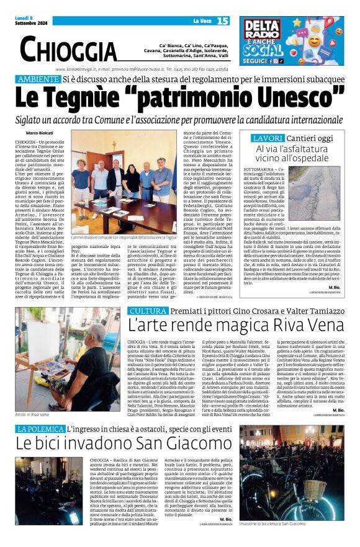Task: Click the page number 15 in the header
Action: (x=223, y=21)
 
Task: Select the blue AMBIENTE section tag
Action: (x=38, y=79)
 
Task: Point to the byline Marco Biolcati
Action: (x=40, y=133)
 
